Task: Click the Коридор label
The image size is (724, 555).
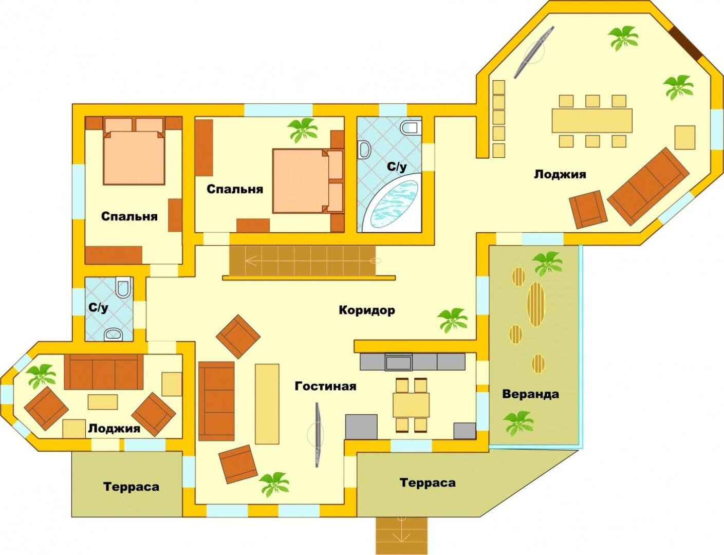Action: coord(366,310)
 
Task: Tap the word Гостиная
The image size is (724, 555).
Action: coord(325,386)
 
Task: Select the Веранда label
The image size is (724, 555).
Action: coord(530,394)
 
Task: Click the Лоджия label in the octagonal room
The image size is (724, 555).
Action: coord(560,174)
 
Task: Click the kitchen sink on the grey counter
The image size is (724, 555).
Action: coord(398,362)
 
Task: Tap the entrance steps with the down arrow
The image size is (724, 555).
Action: coord(401,535)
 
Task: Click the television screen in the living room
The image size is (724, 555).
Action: coord(318,435)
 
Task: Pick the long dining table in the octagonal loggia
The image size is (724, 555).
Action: coord(592,121)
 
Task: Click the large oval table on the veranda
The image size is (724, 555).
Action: coord(536,304)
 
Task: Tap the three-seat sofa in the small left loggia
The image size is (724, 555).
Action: coord(104,372)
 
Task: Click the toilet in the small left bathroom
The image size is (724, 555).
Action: coord(123,288)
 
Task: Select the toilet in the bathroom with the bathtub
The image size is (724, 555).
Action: coord(412,127)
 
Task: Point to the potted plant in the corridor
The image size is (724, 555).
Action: coord(453,319)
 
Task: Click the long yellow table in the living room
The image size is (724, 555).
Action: coord(267,403)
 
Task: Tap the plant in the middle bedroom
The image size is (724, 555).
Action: coord(303,129)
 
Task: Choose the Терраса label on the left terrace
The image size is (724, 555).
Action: coord(131,487)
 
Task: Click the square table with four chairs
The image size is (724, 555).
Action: coord(411,404)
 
